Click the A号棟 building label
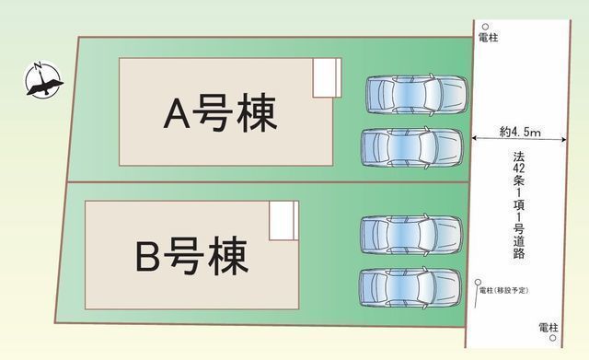[x=220, y=116]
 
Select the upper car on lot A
[x=416, y=94]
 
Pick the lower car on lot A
[x=410, y=147]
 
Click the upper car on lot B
[x=410, y=234]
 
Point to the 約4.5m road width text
[x=520, y=133]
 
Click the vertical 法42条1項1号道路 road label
[x=520, y=207]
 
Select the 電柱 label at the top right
[x=490, y=40]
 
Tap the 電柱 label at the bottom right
[x=549, y=328]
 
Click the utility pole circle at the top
[x=485, y=28]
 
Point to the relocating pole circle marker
[x=478, y=282]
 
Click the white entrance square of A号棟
[x=327, y=77]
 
